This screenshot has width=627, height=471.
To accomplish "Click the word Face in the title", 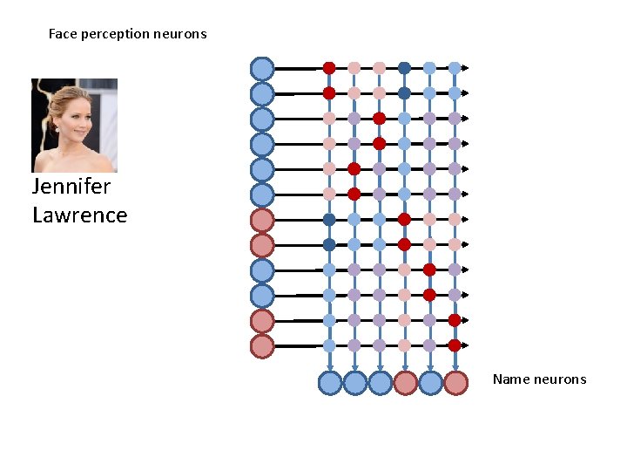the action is click(x=63, y=34).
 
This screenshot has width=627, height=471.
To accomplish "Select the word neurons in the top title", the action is click(x=180, y=34).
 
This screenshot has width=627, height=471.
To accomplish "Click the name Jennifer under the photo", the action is click(x=71, y=187).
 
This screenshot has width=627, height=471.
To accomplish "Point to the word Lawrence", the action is click(x=79, y=215).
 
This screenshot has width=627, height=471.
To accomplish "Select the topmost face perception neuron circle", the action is click(x=262, y=68).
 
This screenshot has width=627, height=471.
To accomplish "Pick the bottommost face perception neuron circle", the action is click(x=262, y=346).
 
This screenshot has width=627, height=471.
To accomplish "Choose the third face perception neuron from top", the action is click(x=262, y=119).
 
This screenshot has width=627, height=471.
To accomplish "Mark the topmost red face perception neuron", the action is click(x=262, y=220).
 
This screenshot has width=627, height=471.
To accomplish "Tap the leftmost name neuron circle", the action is click(x=330, y=383).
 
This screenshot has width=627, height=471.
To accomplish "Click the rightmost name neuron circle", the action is click(x=455, y=383).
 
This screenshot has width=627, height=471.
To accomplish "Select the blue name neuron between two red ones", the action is click(x=430, y=383).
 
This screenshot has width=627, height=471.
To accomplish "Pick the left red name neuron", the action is click(x=405, y=383).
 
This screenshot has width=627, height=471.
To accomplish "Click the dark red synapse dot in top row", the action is click(x=329, y=67).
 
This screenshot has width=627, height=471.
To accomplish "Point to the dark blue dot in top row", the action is click(x=404, y=67).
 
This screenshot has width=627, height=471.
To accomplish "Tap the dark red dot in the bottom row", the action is click(x=455, y=345).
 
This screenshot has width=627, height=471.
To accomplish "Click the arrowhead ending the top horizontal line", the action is click(x=466, y=67).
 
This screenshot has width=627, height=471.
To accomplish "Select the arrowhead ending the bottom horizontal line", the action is click(x=466, y=345).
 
